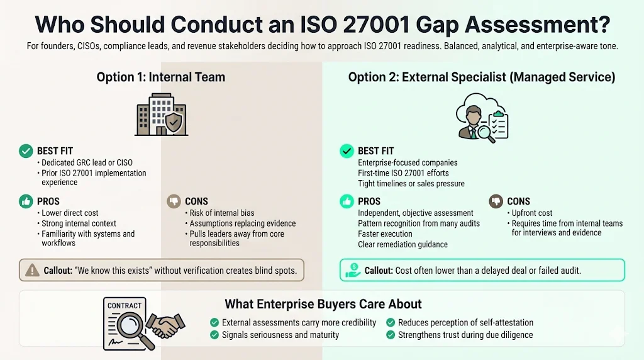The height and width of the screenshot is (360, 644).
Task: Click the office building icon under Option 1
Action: pyautogui.click(x=161, y=115)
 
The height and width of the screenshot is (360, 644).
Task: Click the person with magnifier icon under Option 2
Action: pyautogui.click(x=482, y=116)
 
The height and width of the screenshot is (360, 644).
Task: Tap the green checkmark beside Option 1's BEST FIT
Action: pyautogui.click(x=26, y=151)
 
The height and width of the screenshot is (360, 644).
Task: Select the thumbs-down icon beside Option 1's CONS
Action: pyautogui.click(x=174, y=201)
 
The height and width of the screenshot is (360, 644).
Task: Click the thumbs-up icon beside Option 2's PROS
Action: pyautogui.click(x=347, y=201)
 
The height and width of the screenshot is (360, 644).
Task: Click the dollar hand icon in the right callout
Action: pyautogui.click(x=353, y=271)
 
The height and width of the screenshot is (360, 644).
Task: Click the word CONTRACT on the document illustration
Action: pyautogui.click(x=125, y=306)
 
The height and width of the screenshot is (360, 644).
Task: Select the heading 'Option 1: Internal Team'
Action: pyautogui.click(x=160, y=77)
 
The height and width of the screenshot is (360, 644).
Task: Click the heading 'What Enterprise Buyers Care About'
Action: pyautogui.click(x=323, y=304)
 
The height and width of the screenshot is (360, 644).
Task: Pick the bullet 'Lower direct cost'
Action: pyautogui.click(x=70, y=213)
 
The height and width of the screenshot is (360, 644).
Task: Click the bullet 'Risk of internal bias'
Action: pyautogui.click(x=222, y=213)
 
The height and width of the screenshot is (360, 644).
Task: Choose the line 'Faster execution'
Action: pyautogui.click(x=385, y=233)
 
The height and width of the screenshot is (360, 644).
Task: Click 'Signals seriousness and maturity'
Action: pyautogui.click(x=280, y=335)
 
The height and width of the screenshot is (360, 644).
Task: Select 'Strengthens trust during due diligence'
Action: pyautogui.click(x=465, y=335)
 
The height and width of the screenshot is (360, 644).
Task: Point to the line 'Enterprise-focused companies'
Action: pyautogui.click(x=408, y=162)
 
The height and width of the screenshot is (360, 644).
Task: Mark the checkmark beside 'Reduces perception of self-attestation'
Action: pyautogui.click(x=391, y=322)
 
